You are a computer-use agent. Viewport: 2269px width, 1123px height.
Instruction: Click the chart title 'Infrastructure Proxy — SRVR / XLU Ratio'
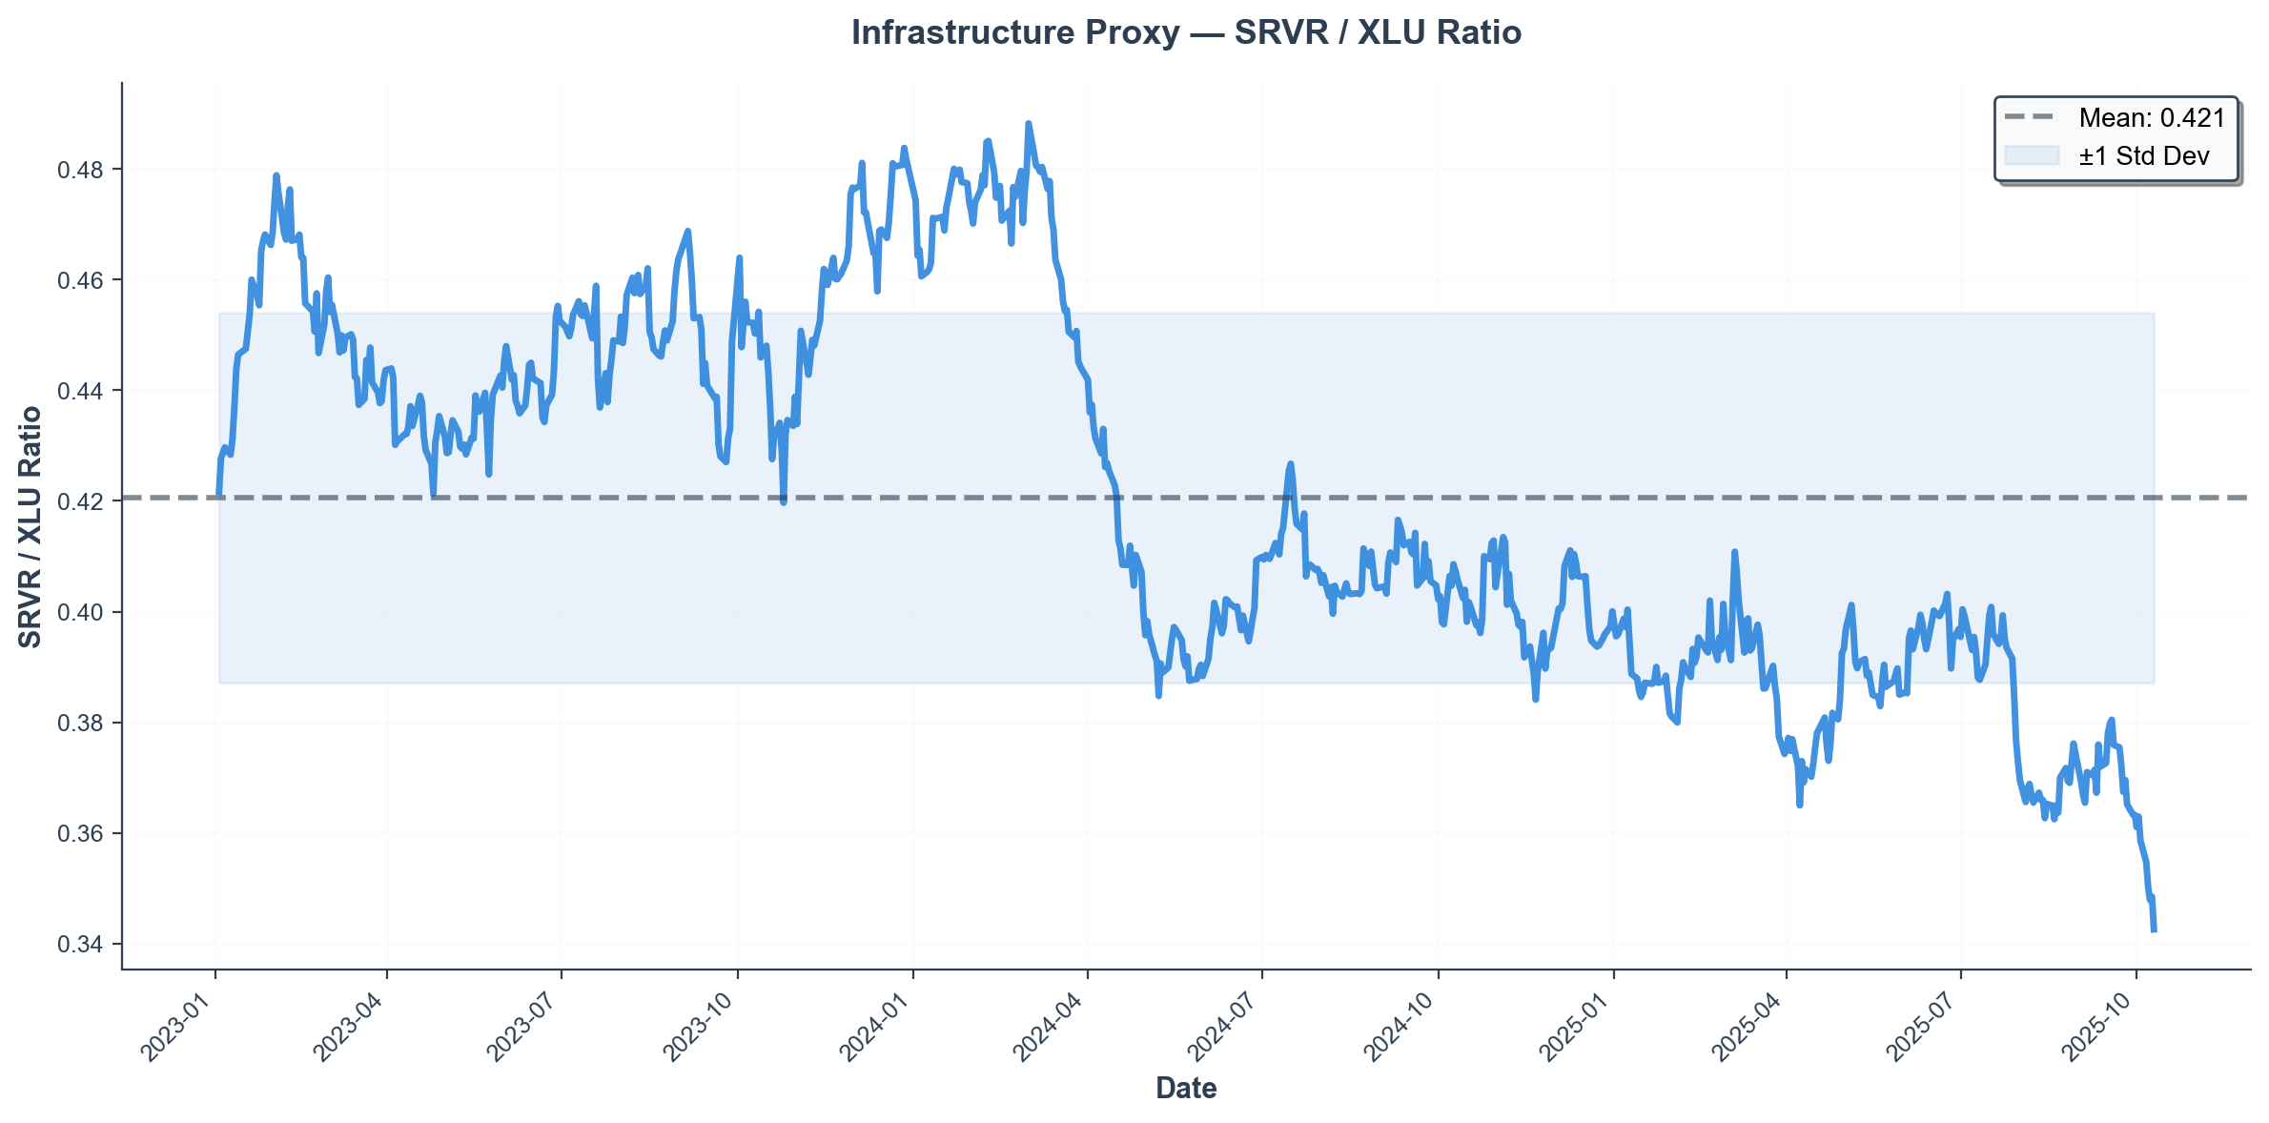click(x=1185, y=33)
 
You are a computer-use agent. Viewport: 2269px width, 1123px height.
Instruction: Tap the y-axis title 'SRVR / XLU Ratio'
click(x=31, y=526)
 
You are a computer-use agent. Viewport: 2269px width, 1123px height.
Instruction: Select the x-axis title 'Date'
click(x=1185, y=1088)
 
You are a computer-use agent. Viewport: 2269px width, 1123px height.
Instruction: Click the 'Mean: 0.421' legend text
click(x=2152, y=118)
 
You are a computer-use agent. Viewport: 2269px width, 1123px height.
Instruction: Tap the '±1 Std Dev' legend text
click(x=2143, y=156)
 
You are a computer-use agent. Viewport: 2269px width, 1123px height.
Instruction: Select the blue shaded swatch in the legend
click(x=2032, y=156)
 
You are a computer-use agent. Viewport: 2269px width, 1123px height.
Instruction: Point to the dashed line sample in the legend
click(x=2032, y=118)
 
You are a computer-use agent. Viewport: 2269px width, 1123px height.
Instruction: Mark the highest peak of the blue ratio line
click(x=1028, y=123)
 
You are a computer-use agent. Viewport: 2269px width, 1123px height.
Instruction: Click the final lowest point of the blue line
click(x=2154, y=930)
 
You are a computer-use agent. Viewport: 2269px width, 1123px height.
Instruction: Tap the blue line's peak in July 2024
click(x=1291, y=464)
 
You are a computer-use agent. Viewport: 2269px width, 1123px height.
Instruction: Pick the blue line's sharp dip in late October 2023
click(x=784, y=502)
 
